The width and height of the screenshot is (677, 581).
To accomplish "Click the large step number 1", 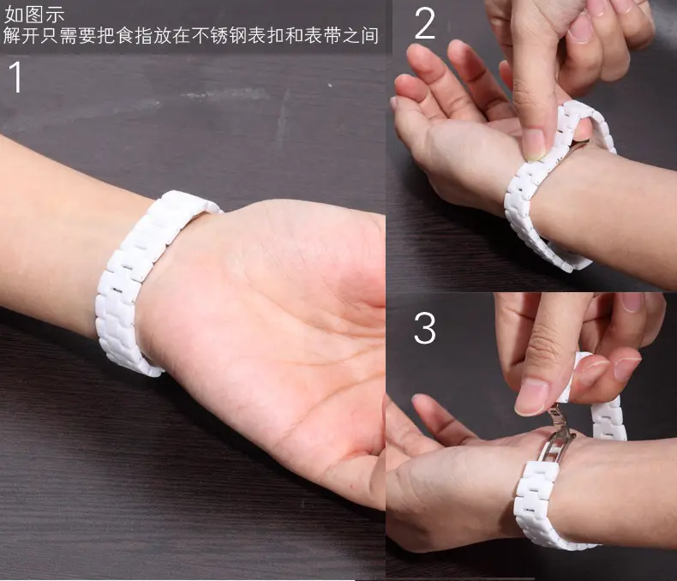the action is tap(16, 77).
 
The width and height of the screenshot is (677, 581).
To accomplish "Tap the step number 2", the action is tap(424, 24).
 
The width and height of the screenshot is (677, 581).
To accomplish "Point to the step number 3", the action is tap(425, 328).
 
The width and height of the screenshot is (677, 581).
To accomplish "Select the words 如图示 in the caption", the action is tap(34, 15).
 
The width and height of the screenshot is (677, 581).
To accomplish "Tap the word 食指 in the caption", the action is tap(135, 35).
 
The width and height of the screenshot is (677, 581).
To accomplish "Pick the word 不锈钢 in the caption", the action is tap(219, 35).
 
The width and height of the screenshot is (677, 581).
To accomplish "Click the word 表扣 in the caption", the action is tap(267, 35).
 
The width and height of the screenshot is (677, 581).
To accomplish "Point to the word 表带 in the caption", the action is tap(322, 35).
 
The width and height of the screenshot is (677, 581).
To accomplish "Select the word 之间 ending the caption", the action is tap(361, 35).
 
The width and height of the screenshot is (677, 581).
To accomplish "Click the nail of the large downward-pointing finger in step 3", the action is tap(531, 396).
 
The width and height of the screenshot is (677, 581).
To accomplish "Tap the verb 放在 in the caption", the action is tap(172, 35).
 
